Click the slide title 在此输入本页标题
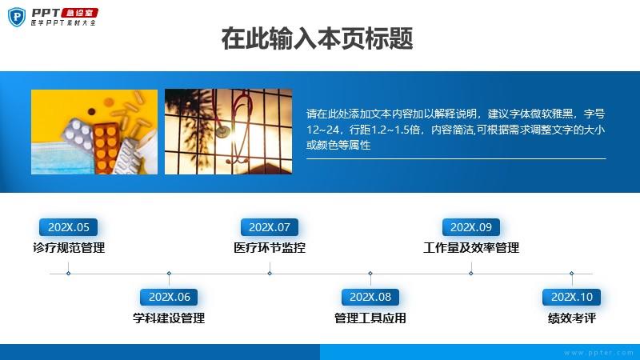(x=317, y=38)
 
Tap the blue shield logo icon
(x=17, y=17)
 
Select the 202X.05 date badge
(x=68, y=227)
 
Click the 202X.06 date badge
(x=169, y=297)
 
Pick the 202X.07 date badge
(x=270, y=227)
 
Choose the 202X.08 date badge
(x=370, y=297)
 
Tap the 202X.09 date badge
(x=471, y=227)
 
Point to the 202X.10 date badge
(x=571, y=297)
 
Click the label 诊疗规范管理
(x=69, y=248)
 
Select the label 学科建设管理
(x=169, y=318)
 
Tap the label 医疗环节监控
(x=270, y=248)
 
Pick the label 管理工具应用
(x=370, y=318)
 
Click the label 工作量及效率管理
(x=471, y=248)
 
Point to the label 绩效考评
(x=572, y=318)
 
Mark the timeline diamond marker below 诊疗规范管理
(x=68, y=274)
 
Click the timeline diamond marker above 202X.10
(x=571, y=274)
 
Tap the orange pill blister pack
(x=106, y=148)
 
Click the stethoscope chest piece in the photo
(x=222, y=131)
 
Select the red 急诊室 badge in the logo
(x=79, y=13)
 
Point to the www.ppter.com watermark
(x=598, y=353)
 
